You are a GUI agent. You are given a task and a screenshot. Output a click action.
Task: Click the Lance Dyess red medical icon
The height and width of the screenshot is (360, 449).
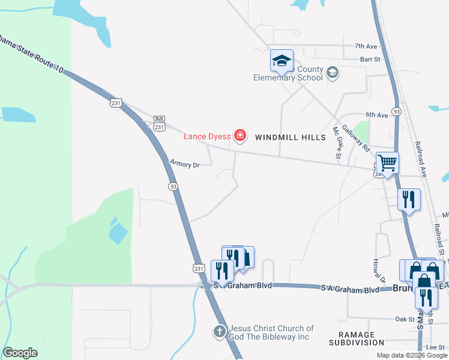click(240, 136)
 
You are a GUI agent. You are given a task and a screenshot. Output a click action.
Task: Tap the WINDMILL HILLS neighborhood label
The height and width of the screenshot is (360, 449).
click(291, 137)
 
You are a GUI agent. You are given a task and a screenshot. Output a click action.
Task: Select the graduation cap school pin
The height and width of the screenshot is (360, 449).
click(282, 61)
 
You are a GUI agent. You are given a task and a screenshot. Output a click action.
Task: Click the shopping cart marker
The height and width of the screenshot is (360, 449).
click(387, 163)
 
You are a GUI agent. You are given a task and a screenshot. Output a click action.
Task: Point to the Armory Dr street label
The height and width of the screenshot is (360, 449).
click(184, 164)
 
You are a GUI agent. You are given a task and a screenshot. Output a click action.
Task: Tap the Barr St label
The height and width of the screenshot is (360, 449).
click(370, 59)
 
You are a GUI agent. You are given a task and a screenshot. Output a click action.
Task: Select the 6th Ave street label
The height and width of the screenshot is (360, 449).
click(378, 115)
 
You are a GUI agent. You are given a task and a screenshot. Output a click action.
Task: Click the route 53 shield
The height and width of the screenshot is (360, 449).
click(173, 187)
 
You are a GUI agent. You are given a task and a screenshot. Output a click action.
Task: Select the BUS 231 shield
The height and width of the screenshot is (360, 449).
click(159, 123)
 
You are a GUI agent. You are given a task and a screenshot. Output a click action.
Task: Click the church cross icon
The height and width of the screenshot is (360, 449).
click(220, 331)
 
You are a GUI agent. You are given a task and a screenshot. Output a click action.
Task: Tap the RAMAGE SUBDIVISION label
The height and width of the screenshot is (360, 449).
click(357, 338)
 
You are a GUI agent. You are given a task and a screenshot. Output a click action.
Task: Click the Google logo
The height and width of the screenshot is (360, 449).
click(20, 352)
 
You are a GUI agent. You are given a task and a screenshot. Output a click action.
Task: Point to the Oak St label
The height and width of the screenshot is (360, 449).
click(405, 319)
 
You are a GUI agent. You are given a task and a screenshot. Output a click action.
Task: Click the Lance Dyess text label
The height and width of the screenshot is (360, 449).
click(207, 137)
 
